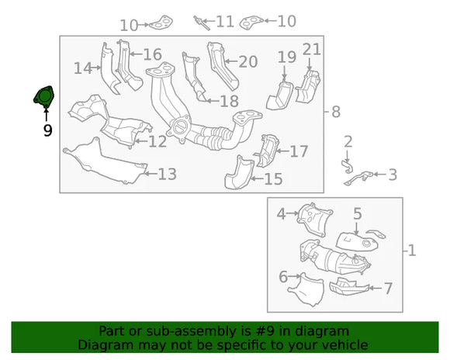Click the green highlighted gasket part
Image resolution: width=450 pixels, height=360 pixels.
[43, 97]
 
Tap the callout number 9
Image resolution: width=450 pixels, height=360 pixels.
[47, 130]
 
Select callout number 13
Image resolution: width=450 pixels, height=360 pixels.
[167, 174]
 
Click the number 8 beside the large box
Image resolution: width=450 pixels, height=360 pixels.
[336, 112]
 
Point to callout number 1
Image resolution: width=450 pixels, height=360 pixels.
[412, 251]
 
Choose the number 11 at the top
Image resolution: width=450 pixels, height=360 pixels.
[224, 21]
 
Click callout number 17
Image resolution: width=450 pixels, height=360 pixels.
[299, 151]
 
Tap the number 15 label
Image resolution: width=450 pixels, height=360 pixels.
[273, 180]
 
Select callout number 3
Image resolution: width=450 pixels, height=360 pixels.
[393, 175]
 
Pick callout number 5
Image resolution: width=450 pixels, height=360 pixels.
[357, 213]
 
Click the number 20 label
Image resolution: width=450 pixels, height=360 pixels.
[247, 61]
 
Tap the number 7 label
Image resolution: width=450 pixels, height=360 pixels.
[388, 289]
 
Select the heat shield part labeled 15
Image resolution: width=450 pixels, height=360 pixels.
[240, 175]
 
